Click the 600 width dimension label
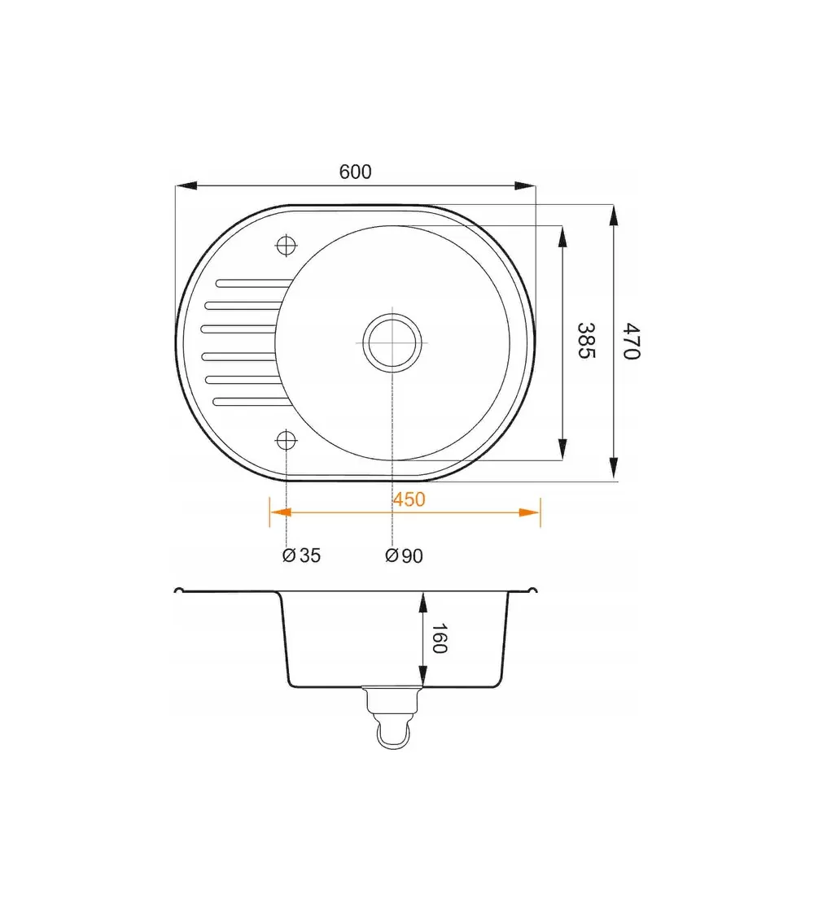(355, 172)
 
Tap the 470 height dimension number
(632, 341)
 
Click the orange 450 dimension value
(409, 499)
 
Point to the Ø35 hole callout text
(301, 555)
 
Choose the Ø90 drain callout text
(404, 556)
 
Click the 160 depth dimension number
(439, 638)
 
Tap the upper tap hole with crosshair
(287, 245)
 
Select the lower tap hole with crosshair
(287, 440)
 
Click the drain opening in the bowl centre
(392, 342)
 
